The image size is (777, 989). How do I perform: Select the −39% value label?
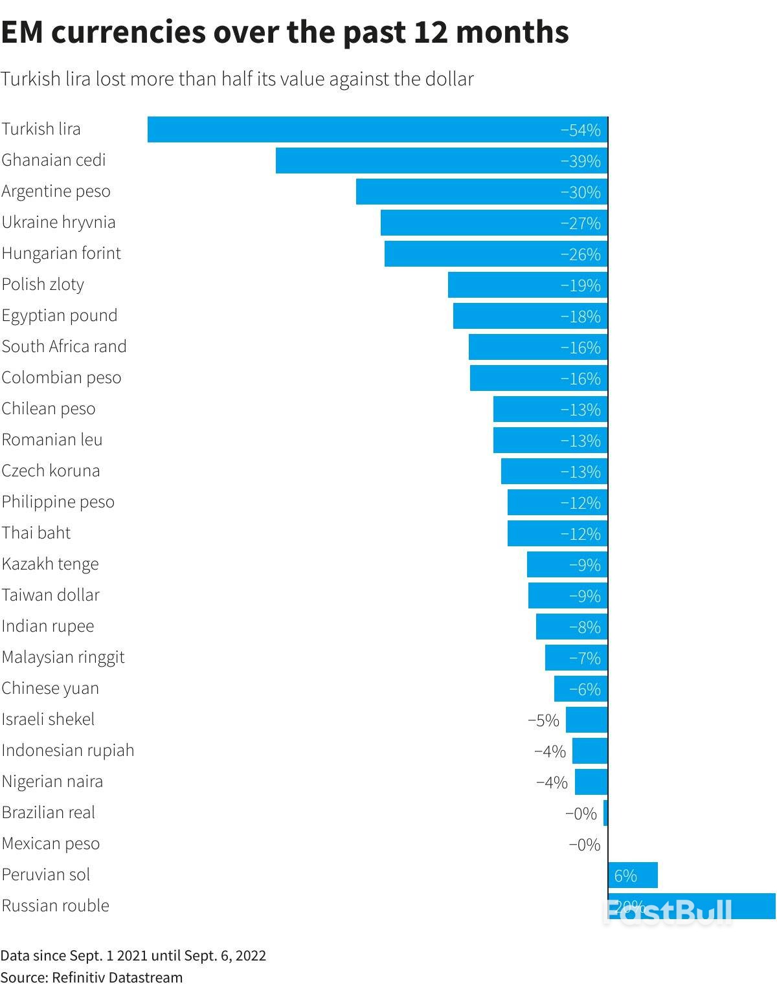point(580,161)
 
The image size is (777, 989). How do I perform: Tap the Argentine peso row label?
point(56,192)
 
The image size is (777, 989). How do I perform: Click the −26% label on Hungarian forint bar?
point(580,254)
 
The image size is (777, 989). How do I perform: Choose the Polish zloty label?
point(43,285)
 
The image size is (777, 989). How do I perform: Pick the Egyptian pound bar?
point(530,316)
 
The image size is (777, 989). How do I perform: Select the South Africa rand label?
point(64,346)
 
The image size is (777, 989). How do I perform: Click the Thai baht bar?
point(557,533)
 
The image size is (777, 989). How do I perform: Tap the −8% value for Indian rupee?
point(585,627)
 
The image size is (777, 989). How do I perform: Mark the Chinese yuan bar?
point(580,689)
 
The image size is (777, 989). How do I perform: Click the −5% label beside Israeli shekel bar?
point(543,720)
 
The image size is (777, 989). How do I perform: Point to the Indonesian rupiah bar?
point(590,751)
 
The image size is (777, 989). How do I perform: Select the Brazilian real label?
point(49,812)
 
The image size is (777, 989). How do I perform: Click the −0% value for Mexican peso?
point(584,845)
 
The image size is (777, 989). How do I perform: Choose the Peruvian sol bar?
point(633,875)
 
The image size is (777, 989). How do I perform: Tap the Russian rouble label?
point(56,906)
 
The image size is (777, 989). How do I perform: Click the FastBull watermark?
point(668,911)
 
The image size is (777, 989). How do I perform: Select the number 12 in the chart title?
point(431,32)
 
